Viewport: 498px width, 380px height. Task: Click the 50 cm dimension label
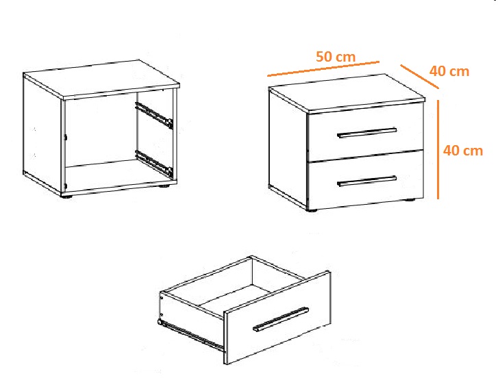click(x=336, y=57)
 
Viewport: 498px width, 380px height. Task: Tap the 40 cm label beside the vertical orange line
click(x=463, y=151)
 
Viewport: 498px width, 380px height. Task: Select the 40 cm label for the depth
click(x=449, y=71)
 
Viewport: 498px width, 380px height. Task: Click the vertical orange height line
click(x=438, y=149)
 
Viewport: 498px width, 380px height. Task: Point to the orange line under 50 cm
click(x=323, y=69)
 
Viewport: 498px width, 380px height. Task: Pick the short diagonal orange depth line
click(x=419, y=77)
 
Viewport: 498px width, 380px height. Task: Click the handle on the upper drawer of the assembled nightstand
click(x=367, y=133)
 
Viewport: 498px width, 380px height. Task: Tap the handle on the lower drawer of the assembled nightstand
click(x=367, y=181)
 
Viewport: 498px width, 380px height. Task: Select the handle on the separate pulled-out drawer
click(x=281, y=319)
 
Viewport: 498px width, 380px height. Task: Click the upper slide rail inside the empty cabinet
click(x=154, y=115)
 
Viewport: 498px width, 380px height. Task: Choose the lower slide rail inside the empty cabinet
click(x=154, y=164)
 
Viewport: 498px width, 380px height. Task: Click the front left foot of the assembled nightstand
click(x=312, y=210)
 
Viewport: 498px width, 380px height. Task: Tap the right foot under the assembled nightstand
click(x=410, y=200)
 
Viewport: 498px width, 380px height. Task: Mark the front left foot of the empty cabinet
click(x=66, y=197)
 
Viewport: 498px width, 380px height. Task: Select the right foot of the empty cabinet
click(x=166, y=186)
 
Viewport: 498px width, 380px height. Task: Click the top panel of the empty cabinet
click(x=101, y=79)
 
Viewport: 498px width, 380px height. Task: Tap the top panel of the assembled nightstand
click(x=347, y=93)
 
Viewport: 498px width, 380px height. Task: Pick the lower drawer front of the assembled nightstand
click(x=366, y=180)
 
